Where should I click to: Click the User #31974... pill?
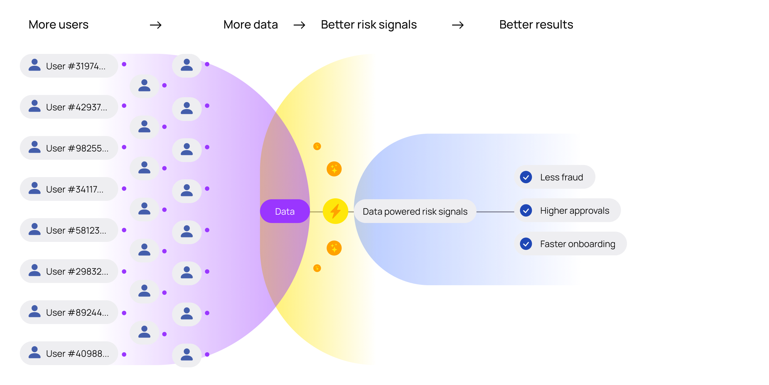click(x=69, y=66)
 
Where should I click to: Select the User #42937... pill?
click(x=69, y=107)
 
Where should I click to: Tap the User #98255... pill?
click(x=69, y=148)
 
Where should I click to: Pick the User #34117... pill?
click(x=69, y=189)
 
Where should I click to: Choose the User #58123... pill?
click(x=69, y=230)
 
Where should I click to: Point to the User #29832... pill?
click(x=69, y=271)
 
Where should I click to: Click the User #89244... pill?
click(x=69, y=312)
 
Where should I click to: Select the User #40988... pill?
click(x=69, y=353)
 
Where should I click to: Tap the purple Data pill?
click(x=285, y=211)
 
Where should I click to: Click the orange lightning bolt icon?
click(x=335, y=211)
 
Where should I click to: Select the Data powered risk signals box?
click(x=415, y=211)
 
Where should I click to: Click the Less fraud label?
click(x=561, y=177)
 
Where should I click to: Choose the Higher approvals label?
click(x=575, y=210)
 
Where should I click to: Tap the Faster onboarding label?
click(x=577, y=244)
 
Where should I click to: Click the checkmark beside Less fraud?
click(x=526, y=177)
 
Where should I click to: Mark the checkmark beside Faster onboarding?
click(x=526, y=244)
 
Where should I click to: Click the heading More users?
click(x=59, y=25)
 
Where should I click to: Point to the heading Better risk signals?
click(x=369, y=25)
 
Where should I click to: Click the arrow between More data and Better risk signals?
click(x=299, y=25)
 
